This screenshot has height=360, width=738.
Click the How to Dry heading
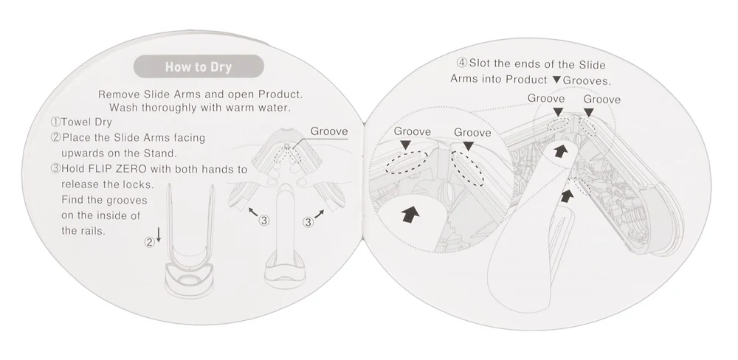[199, 66]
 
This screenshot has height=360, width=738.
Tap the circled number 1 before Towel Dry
[55, 122]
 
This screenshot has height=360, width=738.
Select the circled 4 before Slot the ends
[462, 63]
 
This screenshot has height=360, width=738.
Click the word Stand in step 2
[160, 153]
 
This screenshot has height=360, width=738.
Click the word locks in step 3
[138, 184]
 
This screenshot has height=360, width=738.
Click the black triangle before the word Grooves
[556, 80]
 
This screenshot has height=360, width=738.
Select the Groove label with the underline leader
[329, 131]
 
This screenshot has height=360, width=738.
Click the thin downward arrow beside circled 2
[159, 235]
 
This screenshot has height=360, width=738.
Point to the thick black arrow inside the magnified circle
[410, 215]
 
